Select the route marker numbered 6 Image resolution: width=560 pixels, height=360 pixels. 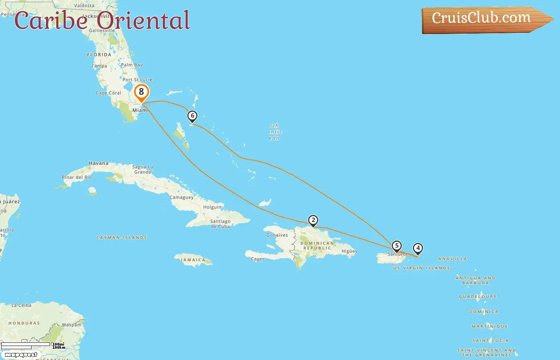click(x=192, y=116)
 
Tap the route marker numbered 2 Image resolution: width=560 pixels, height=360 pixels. click(x=313, y=220)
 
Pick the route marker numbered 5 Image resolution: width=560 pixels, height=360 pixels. click(x=396, y=246)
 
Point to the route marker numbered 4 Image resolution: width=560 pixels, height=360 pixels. click(x=418, y=248)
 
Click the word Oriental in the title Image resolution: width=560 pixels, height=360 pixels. click(x=143, y=21)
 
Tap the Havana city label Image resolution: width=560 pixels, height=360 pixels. click(x=98, y=163)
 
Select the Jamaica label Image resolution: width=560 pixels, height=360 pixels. click(x=193, y=260)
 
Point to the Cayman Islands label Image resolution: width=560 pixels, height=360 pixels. click(x=122, y=238)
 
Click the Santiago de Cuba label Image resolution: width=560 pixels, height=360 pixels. click(x=220, y=224)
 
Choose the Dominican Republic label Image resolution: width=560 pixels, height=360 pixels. click(x=317, y=246)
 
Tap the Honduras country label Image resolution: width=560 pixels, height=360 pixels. click(x=24, y=323)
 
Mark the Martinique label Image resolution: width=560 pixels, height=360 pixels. click(x=490, y=326)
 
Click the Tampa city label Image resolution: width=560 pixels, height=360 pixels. click(x=99, y=66)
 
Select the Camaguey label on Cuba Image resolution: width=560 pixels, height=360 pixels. click(x=182, y=197)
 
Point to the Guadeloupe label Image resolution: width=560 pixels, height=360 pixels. click(x=478, y=297)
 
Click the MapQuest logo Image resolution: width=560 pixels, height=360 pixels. click(x=21, y=355)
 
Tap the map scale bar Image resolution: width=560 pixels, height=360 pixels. click(x=26, y=345)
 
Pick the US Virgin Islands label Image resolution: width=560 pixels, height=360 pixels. click(x=422, y=268)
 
